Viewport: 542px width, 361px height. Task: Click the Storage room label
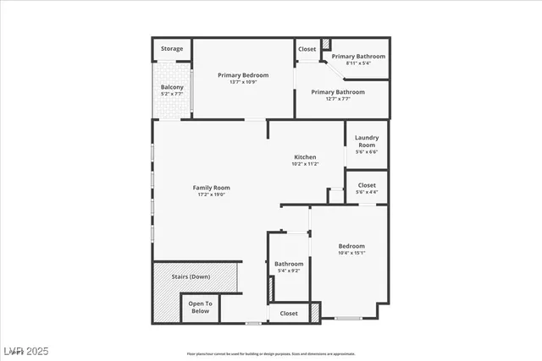point(172,49)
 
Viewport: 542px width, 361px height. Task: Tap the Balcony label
point(173,87)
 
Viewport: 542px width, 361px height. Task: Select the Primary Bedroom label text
point(243,74)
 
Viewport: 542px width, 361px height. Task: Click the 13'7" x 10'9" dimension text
point(243,82)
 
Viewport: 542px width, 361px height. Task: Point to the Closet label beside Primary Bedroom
point(307,49)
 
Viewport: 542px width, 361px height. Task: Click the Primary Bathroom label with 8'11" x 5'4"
point(358,57)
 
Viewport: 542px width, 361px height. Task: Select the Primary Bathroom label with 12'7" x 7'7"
point(338,92)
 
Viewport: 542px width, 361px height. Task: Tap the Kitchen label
point(305,157)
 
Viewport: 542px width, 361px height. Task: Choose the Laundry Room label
point(366,141)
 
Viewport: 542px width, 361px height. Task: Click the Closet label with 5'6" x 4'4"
point(367,185)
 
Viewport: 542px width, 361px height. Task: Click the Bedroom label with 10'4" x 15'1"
point(351,246)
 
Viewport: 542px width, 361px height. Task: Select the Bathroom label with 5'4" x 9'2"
point(288,264)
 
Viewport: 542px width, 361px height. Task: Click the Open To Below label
point(200,307)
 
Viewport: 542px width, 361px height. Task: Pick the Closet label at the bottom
point(289,313)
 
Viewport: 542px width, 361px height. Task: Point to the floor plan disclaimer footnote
point(270,353)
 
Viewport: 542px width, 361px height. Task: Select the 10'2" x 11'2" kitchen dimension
point(305,165)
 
